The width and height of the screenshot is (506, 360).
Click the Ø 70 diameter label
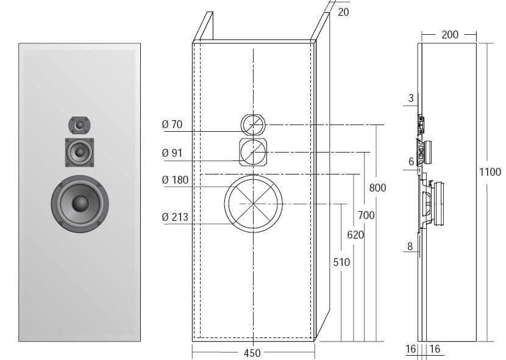point(172,124)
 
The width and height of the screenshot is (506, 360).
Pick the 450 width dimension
point(252,353)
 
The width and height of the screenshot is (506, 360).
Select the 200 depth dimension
point(449,35)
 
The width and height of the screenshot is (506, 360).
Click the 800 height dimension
point(377,188)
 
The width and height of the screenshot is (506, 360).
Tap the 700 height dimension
point(366,215)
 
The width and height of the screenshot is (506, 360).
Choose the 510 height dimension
point(342,262)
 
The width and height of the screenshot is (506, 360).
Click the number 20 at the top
point(343,12)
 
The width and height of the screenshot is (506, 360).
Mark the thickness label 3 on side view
point(411,98)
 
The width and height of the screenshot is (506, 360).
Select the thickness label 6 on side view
point(411,161)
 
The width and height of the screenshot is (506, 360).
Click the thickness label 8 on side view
point(410,247)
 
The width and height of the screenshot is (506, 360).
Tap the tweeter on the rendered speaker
point(79,125)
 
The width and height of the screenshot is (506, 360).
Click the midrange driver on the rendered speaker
point(80,152)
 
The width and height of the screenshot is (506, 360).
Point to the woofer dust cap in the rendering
point(80,203)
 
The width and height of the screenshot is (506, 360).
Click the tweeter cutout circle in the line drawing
point(252,124)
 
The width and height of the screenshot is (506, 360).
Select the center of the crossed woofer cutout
point(253,203)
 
